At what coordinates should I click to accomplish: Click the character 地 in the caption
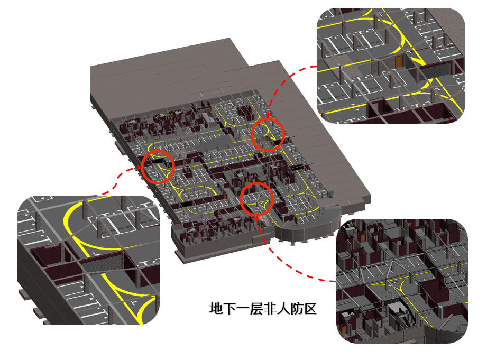(x=216, y=309)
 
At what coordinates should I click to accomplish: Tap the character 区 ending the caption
(x=310, y=309)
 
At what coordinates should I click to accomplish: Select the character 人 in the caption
(x=283, y=309)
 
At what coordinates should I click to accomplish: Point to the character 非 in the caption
(x=270, y=309)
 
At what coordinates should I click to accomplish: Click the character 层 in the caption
(x=256, y=309)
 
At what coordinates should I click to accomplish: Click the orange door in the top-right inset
(x=399, y=61)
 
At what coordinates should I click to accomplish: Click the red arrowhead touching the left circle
(x=139, y=168)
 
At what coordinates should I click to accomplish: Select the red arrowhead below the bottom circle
(x=257, y=219)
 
